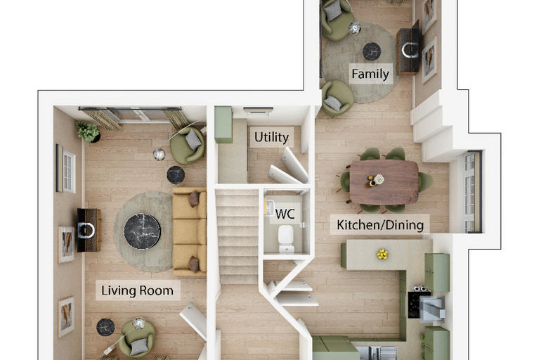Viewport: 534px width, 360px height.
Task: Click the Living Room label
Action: pyautogui.click(x=137, y=290)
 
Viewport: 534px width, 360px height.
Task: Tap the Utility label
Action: pyautogui.click(x=271, y=137)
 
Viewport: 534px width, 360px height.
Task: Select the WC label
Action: pyautogui.click(x=285, y=214)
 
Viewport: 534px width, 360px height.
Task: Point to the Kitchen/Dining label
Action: pyautogui.click(x=380, y=225)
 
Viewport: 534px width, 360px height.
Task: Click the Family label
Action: pyautogui.click(x=370, y=74)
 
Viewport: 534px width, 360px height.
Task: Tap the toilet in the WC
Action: pyautogui.click(x=286, y=238)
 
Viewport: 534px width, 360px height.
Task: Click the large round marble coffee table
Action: pyautogui.click(x=142, y=231)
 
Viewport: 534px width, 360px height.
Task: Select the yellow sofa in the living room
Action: pyautogui.click(x=189, y=231)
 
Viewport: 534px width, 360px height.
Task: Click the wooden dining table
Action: pyautogui.click(x=384, y=182)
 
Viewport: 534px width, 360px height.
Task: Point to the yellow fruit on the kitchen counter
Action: pyautogui.click(x=382, y=254)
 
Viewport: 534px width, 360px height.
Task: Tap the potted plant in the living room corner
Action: pyautogui.click(x=89, y=131)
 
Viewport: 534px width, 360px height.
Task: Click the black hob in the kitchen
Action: pyautogui.click(x=415, y=304)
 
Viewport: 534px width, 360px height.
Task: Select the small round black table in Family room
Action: pyautogui.click(x=372, y=51)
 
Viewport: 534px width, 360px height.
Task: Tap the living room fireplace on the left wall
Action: pyautogui.click(x=89, y=230)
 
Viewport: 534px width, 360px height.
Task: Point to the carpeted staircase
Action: pyautogui.click(x=237, y=236)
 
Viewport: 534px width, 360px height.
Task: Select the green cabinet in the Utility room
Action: pyautogui.click(x=223, y=124)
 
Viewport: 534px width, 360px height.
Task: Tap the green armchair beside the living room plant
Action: pyautogui.click(x=188, y=146)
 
